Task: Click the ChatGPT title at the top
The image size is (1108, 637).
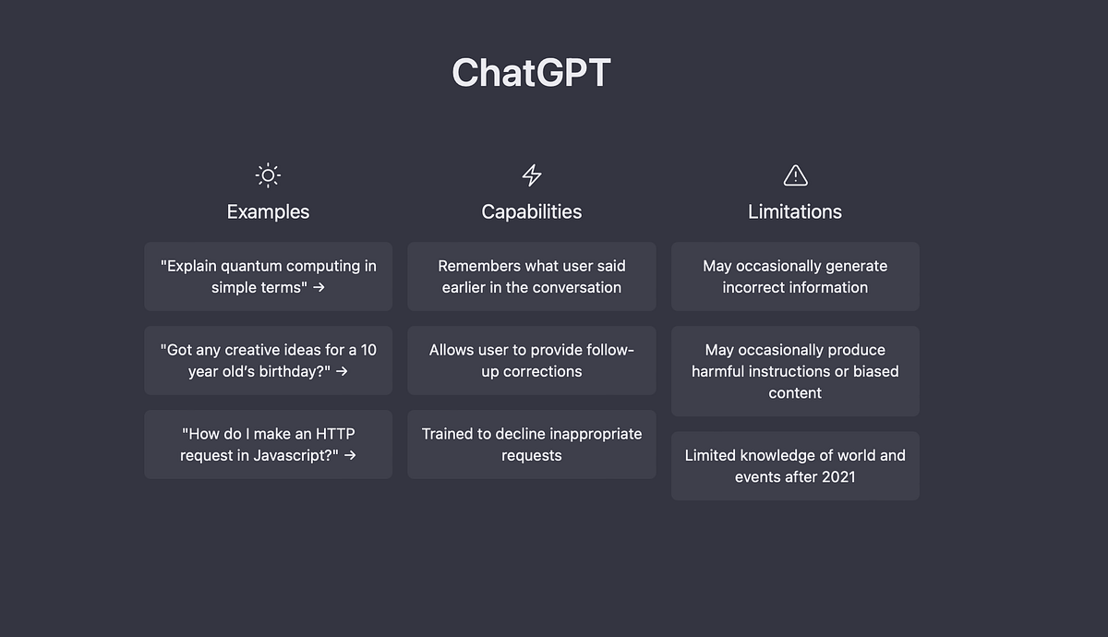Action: pos(531,73)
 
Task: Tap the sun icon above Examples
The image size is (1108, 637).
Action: pos(268,174)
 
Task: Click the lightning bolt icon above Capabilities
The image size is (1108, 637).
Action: pos(532,174)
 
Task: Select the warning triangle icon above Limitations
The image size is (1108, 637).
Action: pos(795,174)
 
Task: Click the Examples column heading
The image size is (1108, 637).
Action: pos(268,211)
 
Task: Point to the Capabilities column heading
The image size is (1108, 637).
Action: pos(532,211)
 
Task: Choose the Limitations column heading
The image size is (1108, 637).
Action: pos(795,211)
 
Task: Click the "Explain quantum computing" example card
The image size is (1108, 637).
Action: pos(268,276)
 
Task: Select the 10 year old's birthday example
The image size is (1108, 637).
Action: pos(268,360)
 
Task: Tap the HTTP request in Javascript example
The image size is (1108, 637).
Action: pos(268,444)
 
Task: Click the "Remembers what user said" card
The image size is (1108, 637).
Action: pos(532,276)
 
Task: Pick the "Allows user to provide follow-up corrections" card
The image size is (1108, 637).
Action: pos(532,360)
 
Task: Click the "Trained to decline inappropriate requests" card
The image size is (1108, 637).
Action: pos(532,444)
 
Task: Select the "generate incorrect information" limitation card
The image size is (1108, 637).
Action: pos(795,276)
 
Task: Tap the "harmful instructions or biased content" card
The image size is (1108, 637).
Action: pos(795,371)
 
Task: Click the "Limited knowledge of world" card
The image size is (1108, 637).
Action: pos(795,465)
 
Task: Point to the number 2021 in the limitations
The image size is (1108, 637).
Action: pos(837,476)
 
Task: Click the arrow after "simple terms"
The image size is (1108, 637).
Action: pos(319,287)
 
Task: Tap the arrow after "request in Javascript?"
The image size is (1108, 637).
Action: pos(349,455)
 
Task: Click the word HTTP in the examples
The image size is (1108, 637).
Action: pos(336,434)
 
